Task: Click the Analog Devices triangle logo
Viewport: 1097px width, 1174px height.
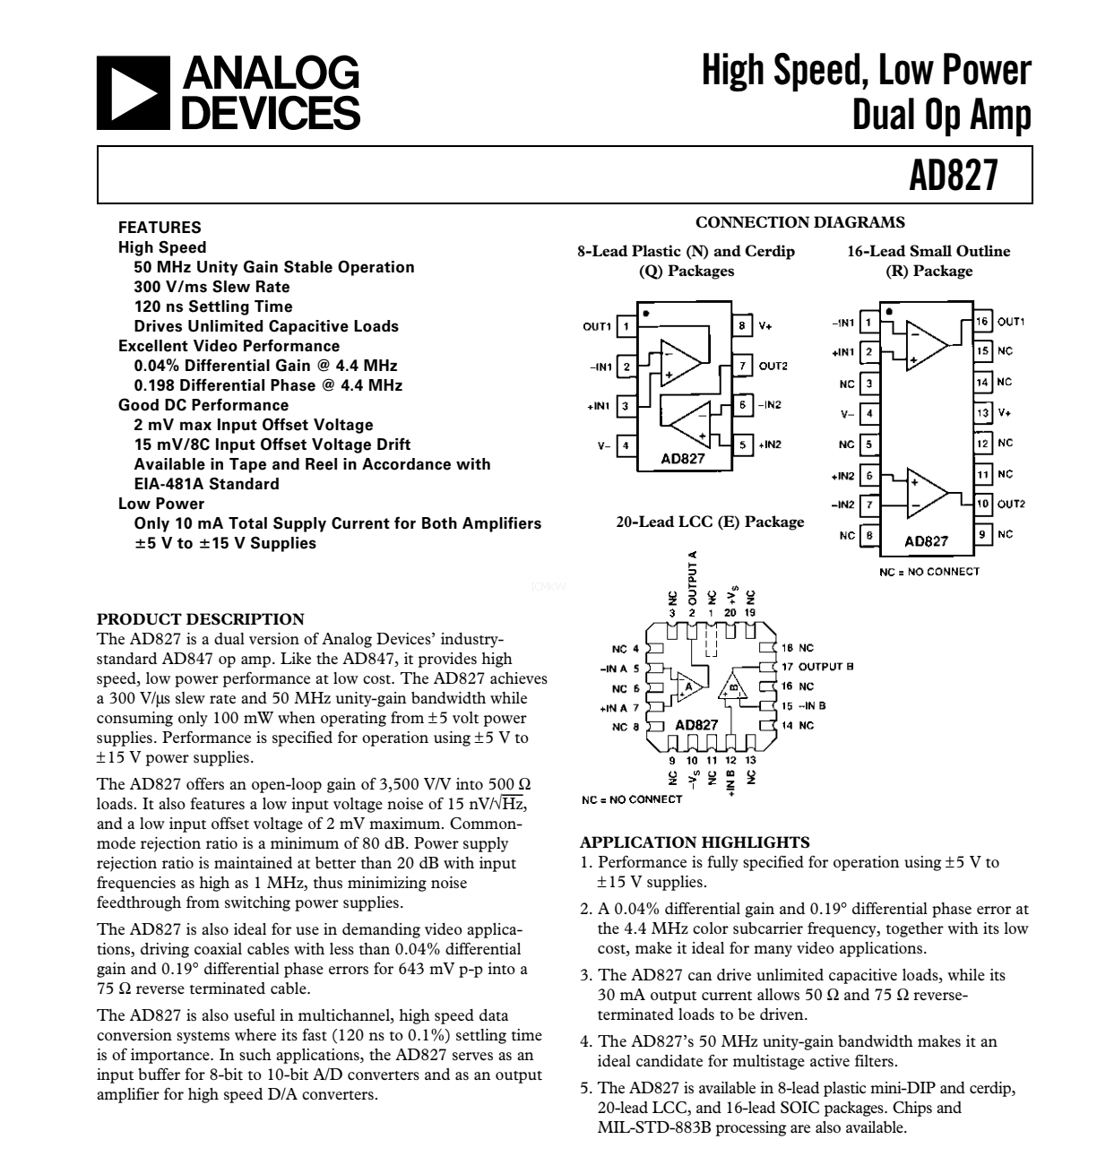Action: pos(133,93)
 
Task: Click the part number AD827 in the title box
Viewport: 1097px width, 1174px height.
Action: pos(953,175)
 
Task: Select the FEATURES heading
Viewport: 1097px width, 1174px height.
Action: pos(160,228)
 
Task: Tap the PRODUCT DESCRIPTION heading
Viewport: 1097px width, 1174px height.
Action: pos(201,619)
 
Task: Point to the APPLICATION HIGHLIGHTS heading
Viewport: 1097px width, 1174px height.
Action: pos(695,842)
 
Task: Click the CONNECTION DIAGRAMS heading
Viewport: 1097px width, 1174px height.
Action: pos(800,222)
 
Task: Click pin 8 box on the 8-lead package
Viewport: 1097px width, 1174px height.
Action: pos(742,325)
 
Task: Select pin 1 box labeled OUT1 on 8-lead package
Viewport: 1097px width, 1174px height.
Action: pos(626,326)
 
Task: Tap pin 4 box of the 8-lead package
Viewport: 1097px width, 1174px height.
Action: pos(626,445)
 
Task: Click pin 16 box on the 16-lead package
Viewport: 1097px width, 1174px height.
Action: pos(982,322)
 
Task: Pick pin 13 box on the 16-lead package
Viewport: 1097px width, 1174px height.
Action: pos(982,412)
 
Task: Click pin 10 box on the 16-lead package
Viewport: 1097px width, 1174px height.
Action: pos(982,504)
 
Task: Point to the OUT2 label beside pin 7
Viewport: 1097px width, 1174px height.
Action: pos(773,366)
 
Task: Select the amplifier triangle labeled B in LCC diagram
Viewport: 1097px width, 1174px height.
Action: pos(733,686)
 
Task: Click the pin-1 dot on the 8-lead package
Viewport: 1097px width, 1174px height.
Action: pos(646,314)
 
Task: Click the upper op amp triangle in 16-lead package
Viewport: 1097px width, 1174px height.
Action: pos(927,346)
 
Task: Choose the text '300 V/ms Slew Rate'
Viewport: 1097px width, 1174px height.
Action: pos(212,287)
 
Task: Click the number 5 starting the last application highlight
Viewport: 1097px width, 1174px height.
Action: pos(584,1088)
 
